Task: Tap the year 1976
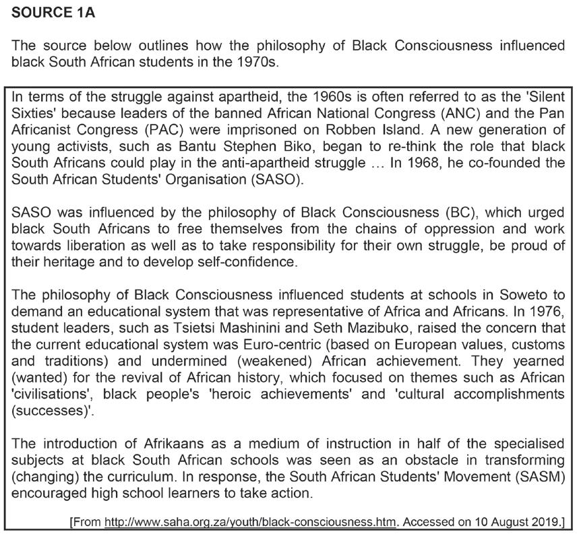549,311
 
